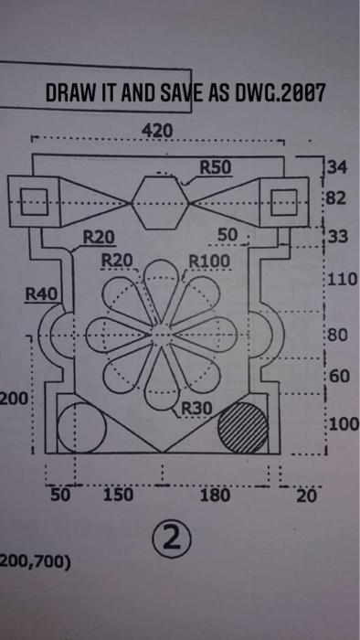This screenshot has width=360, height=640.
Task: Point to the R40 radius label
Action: tap(39, 294)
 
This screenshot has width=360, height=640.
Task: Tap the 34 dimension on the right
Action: tap(338, 167)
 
